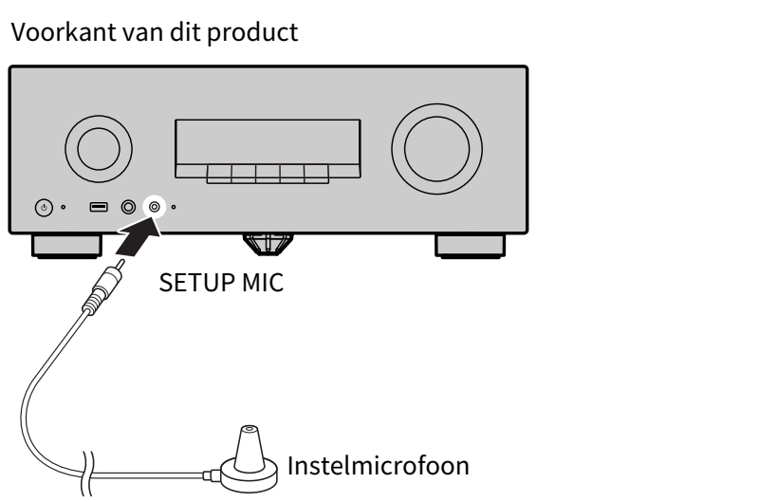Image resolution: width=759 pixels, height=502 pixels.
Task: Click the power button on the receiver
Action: coord(44,208)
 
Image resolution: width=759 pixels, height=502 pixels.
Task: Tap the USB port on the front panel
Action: coord(99,207)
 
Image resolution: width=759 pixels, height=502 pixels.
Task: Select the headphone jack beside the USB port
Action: coord(128,207)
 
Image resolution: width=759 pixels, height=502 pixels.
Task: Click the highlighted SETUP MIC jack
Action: coord(155,207)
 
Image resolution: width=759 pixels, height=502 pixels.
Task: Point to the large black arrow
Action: coord(138,236)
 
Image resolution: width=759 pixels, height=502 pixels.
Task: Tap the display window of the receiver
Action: coord(268,141)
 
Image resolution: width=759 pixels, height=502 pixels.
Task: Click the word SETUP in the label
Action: coord(197,283)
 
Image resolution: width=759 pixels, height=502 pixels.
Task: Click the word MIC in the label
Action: coord(263,283)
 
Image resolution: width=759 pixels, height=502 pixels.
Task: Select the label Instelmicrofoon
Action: coord(378,466)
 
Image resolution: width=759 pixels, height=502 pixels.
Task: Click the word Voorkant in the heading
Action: coord(64,32)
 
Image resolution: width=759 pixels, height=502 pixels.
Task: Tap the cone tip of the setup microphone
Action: coord(250,429)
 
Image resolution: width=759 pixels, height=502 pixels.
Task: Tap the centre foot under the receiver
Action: coord(268,244)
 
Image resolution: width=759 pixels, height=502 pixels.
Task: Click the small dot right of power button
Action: coord(63,207)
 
